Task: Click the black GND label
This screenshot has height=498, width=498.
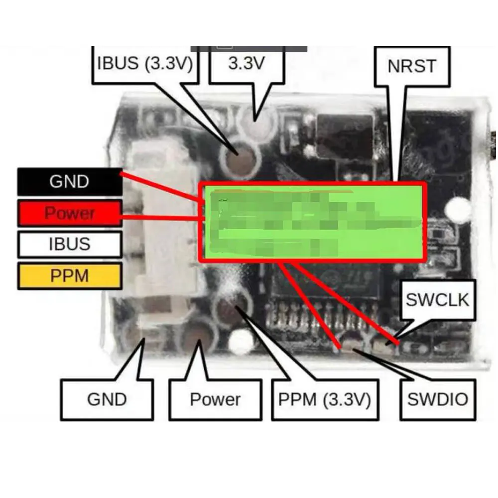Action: click(70, 182)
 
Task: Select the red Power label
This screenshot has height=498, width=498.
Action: click(70, 213)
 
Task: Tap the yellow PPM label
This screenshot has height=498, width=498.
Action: click(70, 276)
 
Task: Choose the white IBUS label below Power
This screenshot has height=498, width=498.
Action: click(70, 245)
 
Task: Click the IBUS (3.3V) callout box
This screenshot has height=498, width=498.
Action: click(145, 64)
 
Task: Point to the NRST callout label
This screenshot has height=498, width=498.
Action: click(411, 66)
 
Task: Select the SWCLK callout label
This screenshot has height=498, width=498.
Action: click(438, 300)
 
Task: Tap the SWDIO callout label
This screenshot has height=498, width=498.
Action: click(438, 399)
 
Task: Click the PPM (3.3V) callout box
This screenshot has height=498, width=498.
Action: click(324, 399)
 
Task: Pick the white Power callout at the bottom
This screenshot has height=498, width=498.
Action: click(215, 399)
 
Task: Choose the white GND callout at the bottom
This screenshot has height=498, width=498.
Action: click(107, 399)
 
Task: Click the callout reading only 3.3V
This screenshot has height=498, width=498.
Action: click(246, 64)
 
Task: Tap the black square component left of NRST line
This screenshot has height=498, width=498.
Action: click(345, 136)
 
